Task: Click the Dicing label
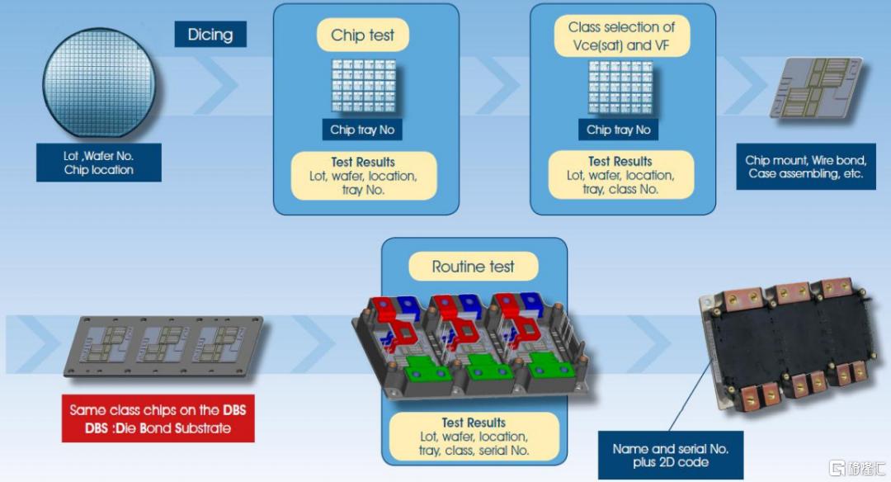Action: tap(210, 35)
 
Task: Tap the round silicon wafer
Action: tap(99, 83)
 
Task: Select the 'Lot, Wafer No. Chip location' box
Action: tap(99, 163)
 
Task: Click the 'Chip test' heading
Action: tap(362, 35)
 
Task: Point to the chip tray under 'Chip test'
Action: tap(364, 87)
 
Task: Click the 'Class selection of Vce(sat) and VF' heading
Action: tap(622, 36)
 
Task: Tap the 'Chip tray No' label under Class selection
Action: tap(618, 130)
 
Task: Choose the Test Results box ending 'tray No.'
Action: tap(364, 176)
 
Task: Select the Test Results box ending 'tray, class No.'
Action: tap(620, 175)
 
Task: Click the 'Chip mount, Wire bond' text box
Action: tap(806, 167)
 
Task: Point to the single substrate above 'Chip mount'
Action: tap(815, 87)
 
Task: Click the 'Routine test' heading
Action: tap(474, 267)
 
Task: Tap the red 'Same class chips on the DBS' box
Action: tap(158, 419)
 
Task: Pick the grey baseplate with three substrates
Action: tap(163, 346)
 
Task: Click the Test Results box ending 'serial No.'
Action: tap(474, 437)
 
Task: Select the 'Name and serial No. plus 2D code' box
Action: tap(671, 456)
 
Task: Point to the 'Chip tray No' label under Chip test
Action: tap(362, 130)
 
